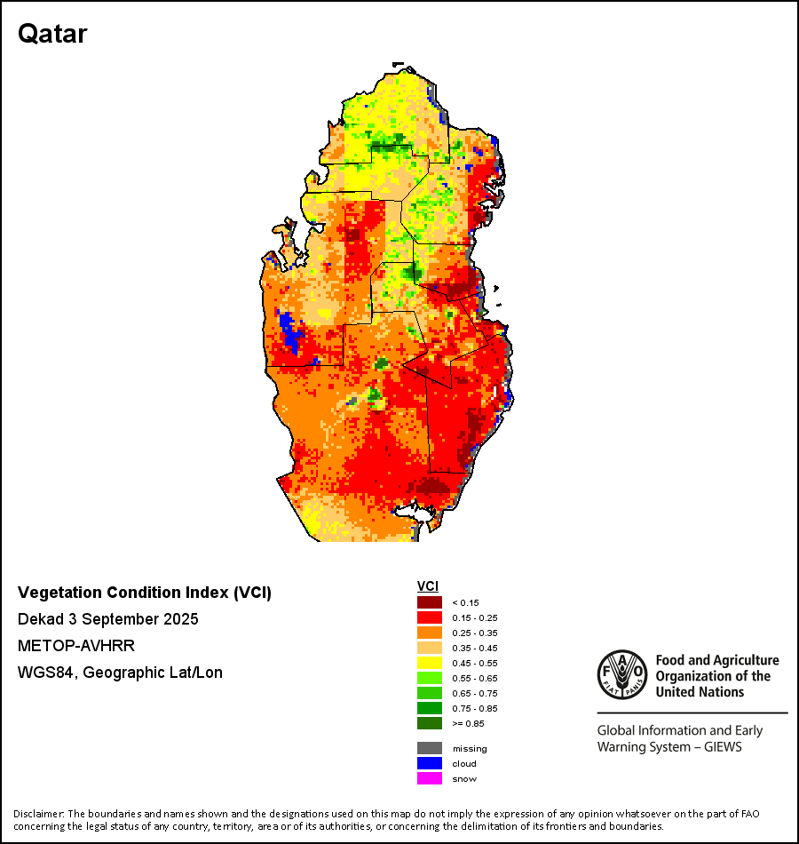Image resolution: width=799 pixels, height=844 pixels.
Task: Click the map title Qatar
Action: (x=52, y=35)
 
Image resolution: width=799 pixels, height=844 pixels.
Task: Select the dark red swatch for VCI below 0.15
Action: (x=429, y=602)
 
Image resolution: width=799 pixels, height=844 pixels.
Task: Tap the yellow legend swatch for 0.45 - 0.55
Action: (x=429, y=663)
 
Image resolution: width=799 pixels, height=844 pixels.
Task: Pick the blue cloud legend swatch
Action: (x=429, y=763)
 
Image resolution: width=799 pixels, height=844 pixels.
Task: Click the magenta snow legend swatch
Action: (x=429, y=778)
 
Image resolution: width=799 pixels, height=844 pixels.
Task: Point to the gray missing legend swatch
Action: (x=429, y=748)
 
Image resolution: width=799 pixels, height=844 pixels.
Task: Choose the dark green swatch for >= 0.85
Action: (x=429, y=723)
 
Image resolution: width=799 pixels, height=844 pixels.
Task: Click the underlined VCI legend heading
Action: (x=428, y=586)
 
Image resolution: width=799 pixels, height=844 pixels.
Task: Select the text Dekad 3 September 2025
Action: (x=108, y=618)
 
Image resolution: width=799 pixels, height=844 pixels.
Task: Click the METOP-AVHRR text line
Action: (x=76, y=645)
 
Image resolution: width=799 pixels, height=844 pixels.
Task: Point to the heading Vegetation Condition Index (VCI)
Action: (x=145, y=593)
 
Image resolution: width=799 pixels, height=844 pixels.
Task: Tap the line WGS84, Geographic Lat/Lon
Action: (x=120, y=673)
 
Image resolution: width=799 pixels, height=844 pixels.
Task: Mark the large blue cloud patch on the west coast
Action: (x=289, y=331)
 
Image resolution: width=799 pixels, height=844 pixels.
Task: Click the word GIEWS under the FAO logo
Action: (x=722, y=747)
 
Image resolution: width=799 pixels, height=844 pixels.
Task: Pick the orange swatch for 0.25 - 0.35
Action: (x=429, y=633)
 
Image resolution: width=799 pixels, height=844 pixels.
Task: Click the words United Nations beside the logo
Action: (x=700, y=691)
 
